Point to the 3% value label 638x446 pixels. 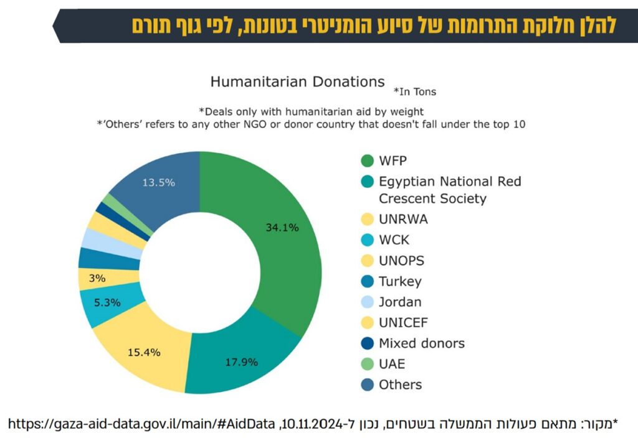tap(97, 278)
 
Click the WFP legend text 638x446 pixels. tap(393, 161)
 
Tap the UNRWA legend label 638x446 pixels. tap(403, 220)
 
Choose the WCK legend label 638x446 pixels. tap(394, 240)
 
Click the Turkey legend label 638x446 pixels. tap(400, 282)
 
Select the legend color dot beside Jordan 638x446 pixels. tap(367, 302)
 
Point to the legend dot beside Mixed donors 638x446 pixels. tap(367, 343)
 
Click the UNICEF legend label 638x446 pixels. tap(403, 322)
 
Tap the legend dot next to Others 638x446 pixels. tap(367, 384)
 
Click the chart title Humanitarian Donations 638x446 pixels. tap(297, 81)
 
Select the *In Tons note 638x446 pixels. tap(414, 92)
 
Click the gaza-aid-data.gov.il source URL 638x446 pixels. tap(141, 424)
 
